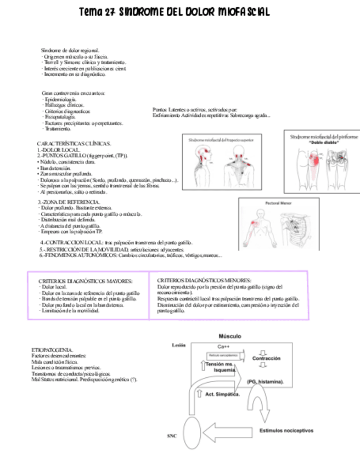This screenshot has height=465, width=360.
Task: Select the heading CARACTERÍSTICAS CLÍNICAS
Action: point(74,143)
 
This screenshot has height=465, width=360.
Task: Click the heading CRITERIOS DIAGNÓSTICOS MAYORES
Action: point(85,280)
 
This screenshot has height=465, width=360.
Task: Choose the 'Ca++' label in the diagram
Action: point(224,346)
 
